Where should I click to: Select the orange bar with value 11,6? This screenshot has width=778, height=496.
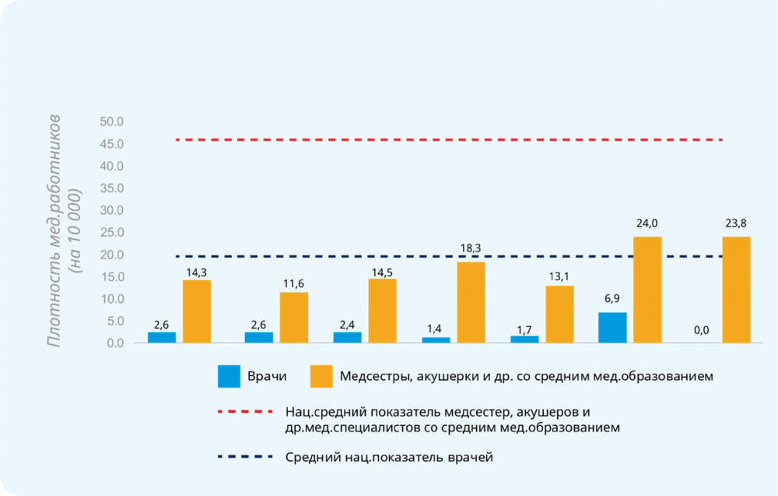click(294, 318)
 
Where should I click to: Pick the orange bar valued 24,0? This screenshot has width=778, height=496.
click(647, 290)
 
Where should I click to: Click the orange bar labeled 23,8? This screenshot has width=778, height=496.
click(736, 290)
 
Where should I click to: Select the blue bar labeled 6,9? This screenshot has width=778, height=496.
click(612, 328)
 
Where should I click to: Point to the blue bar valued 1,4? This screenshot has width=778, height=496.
click(436, 339)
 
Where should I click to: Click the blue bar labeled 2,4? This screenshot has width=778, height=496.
click(347, 337)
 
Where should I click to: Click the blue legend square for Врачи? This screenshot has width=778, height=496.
click(229, 377)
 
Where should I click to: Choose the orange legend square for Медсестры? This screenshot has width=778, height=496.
click(321, 377)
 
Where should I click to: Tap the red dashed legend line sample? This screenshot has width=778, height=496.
click(246, 410)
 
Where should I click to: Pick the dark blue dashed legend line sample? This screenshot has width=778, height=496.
click(246, 457)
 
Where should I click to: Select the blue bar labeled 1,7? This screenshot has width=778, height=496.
click(524, 339)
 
